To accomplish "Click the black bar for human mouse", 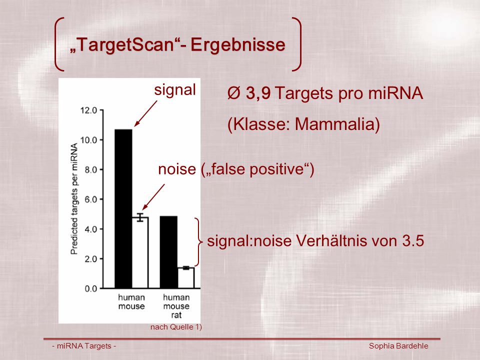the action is coord(123,209).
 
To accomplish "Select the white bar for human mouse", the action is coord(140,253).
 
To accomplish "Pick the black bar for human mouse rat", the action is coord(168,252).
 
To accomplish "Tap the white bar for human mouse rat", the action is coord(186,278).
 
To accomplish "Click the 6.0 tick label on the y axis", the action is coord(90,199).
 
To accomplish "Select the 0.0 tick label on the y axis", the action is coord(90,288).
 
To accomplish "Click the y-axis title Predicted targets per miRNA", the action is coord(74,199).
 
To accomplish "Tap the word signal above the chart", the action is coord(175,90).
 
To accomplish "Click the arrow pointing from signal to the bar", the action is coord(145,114).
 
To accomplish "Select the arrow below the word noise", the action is coord(153,197).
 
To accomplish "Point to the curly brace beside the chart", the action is coord(199,242).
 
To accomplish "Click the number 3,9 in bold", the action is coord(258,93).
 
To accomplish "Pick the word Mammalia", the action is coord(334,124).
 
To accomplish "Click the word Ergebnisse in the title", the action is coord(238,45).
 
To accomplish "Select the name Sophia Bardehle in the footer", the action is coord(398,346).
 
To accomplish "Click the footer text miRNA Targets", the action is coord(84,346).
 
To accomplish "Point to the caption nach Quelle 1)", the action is coord(176,327).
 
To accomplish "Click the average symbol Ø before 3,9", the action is coord(234,93).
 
